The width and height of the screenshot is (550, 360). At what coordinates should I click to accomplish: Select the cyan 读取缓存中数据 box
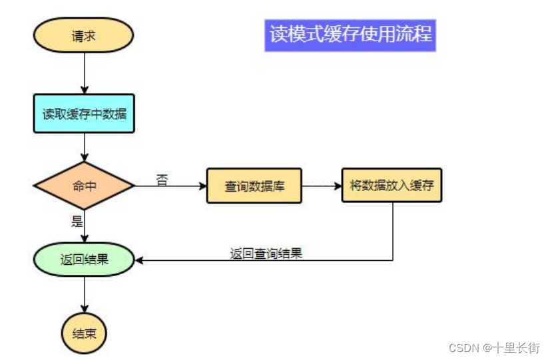[84, 113]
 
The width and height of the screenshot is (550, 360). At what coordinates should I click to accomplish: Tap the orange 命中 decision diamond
[84, 186]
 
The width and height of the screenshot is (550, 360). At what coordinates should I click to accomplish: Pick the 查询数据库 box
[254, 186]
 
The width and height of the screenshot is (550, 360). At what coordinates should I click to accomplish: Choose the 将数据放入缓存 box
[392, 185]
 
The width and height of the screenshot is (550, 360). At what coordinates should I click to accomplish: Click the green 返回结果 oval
[84, 260]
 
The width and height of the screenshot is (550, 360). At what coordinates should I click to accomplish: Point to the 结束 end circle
[84, 333]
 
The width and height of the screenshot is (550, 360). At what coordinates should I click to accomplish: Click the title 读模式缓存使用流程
[350, 34]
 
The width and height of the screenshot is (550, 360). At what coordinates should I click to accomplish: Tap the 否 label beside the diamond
[162, 179]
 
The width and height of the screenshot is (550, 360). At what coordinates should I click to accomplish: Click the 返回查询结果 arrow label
[266, 253]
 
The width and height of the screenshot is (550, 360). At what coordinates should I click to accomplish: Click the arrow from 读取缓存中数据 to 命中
[85, 146]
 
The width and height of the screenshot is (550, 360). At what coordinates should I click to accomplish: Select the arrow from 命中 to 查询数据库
[170, 186]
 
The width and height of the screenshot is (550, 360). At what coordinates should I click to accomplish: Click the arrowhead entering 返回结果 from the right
[140, 260]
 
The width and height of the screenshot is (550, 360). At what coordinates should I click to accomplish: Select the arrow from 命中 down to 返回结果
[85, 226]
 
